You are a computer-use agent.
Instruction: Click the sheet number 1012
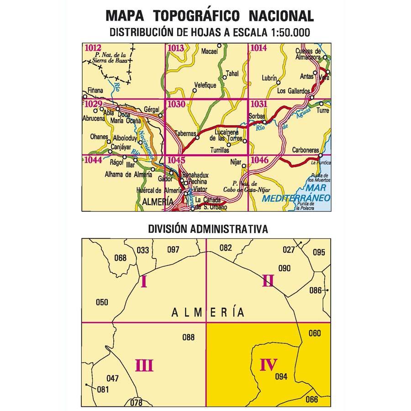[x=93, y=47]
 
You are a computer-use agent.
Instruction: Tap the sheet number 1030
[x=176, y=105]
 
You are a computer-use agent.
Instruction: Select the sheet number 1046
[x=259, y=160]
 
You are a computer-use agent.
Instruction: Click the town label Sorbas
[x=257, y=116]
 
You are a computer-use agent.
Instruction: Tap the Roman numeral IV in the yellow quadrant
[x=269, y=365]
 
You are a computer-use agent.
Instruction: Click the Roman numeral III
[x=144, y=365]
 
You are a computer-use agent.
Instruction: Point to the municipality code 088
[x=188, y=337]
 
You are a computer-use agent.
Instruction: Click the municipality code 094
[x=282, y=376]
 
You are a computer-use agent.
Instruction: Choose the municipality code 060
[x=315, y=333]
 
